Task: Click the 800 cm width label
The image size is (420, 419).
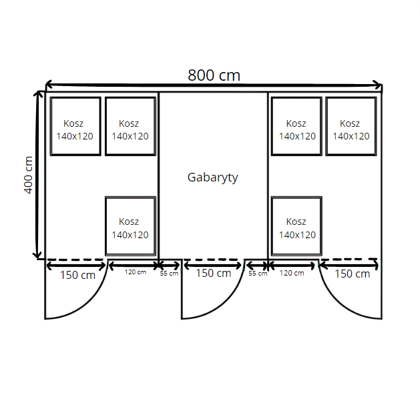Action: point(214,75)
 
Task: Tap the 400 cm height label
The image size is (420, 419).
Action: point(28,175)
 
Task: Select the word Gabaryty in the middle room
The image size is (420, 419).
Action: point(213,177)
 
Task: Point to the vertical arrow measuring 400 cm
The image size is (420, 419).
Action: point(38,175)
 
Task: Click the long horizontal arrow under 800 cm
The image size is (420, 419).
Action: point(214,85)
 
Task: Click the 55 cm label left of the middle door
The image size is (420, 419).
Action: point(169,274)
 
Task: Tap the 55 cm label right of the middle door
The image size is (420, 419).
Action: point(258,274)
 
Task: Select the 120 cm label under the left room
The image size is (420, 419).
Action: point(136,272)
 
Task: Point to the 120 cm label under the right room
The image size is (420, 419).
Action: point(292,273)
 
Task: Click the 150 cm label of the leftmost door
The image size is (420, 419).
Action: point(77,275)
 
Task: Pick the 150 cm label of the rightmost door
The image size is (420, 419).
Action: point(353,274)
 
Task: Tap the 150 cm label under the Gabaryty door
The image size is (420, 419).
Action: point(214,273)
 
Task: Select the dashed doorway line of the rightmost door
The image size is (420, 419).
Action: point(349,259)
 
